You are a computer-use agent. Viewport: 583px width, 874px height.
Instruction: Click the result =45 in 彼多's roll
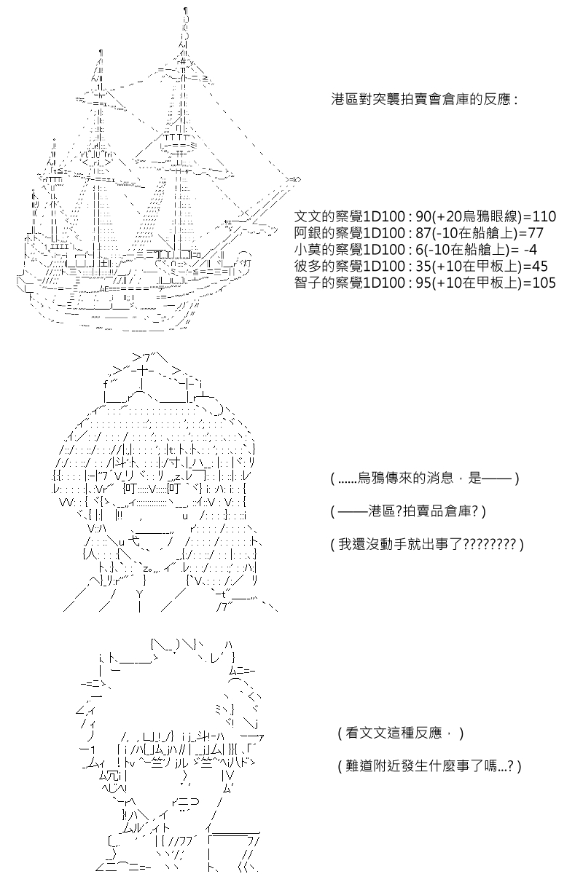pos(536,267)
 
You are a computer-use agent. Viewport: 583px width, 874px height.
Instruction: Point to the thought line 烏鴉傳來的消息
pos(399,478)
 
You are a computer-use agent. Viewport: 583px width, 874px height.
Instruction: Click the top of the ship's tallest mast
pos(186,9)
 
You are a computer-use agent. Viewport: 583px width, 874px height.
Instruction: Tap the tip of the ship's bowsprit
pos(299,179)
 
